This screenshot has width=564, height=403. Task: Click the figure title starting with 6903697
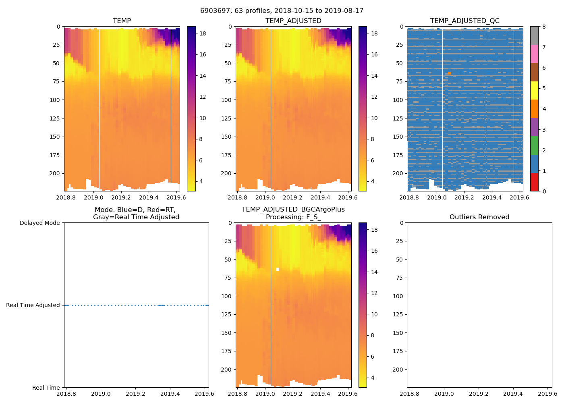pyautogui.click(x=282, y=11)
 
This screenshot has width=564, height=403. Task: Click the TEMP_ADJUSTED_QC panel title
pyautogui.click(x=464, y=21)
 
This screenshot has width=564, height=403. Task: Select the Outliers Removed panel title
pyautogui.click(x=479, y=217)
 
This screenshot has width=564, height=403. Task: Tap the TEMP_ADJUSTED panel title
pyautogui.click(x=293, y=21)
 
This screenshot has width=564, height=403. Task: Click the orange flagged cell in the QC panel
pyautogui.click(x=449, y=73)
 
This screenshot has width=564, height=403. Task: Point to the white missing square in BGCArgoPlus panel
pyautogui.click(x=278, y=269)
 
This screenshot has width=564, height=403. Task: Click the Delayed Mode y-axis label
pyautogui.click(x=39, y=223)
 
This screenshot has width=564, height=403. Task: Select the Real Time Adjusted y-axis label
pyautogui.click(x=33, y=305)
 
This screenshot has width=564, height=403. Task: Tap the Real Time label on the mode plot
pyautogui.click(x=46, y=388)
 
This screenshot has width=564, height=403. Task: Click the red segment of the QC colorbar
pyautogui.click(x=534, y=182)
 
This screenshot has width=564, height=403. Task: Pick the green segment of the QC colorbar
pyautogui.click(x=534, y=145)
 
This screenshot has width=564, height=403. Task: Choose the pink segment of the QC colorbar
pyautogui.click(x=534, y=54)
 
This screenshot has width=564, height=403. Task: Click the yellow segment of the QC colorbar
pyautogui.click(x=534, y=91)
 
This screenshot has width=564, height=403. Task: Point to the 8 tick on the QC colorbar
pyautogui.click(x=544, y=27)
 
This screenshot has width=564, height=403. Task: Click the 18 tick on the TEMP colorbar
pyautogui.click(x=203, y=33)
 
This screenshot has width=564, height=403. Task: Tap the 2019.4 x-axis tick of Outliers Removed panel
pyautogui.click(x=513, y=394)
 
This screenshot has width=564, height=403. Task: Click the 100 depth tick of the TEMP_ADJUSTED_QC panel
pyautogui.click(x=398, y=100)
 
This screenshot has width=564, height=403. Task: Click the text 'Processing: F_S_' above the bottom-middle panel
pyautogui.click(x=293, y=217)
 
